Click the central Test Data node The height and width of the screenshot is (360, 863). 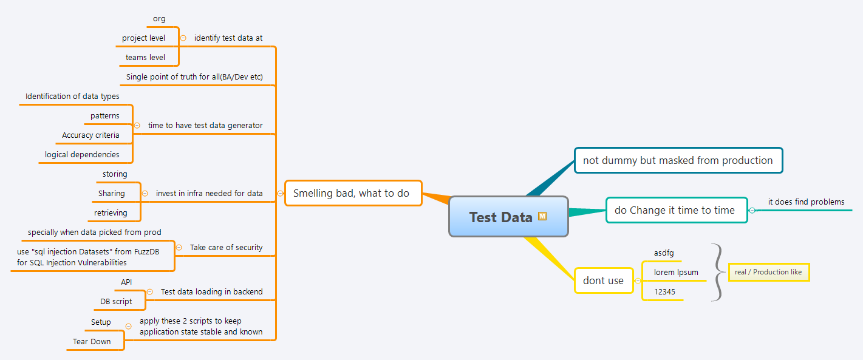[500, 217]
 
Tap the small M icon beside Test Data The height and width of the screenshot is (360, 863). [542, 216]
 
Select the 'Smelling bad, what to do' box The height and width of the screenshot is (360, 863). [353, 193]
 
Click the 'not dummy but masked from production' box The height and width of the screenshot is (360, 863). [678, 160]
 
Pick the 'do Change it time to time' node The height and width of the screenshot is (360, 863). [676, 210]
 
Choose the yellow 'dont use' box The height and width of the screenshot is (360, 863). [603, 280]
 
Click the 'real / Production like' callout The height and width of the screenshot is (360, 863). [768, 272]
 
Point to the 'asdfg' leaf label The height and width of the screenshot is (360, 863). [664, 253]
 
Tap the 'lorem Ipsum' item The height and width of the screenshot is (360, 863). [676, 272]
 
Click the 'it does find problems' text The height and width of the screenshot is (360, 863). [806, 202]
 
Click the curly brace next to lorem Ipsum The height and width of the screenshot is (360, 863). [717, 272]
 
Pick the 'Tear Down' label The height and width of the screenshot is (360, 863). [92, 341]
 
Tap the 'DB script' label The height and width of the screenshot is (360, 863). [116, 301]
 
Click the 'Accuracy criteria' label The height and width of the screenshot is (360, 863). [90, 135]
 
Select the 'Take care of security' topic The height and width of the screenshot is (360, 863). [226, 247]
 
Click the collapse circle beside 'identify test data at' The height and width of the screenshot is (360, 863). [183, 38]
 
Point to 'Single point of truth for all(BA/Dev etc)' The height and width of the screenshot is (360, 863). [194, 77]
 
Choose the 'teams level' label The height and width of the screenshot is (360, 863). [145, 57]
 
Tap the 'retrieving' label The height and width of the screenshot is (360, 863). [111, 212]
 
